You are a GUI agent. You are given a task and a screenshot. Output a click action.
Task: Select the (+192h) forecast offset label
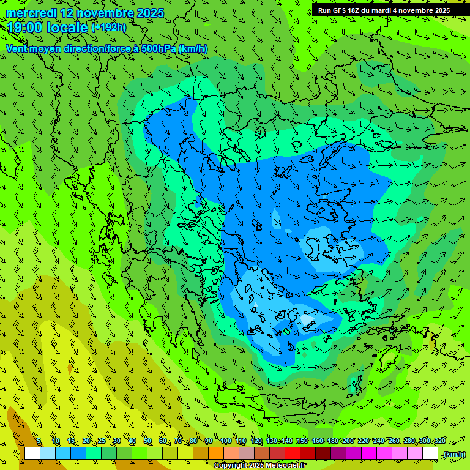point(109,27)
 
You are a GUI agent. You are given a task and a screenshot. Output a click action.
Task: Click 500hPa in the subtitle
point(154,48)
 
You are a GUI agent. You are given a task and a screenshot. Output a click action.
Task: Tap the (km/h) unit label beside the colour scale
point(453,454)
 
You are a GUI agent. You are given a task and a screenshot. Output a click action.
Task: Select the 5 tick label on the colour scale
point(39,441)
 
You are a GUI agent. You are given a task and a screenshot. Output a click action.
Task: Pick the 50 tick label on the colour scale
point(147,441)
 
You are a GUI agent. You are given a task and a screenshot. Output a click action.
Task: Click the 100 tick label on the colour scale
point(226,441)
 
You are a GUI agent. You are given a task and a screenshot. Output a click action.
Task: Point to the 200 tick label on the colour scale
point(348,441)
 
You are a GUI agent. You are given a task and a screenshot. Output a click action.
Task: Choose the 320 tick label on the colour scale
point(440,441)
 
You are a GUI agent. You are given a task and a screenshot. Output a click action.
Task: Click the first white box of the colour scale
point(32,453)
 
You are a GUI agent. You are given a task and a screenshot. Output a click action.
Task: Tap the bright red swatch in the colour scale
point(293,453)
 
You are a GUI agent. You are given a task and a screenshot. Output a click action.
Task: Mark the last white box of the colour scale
point(430,453)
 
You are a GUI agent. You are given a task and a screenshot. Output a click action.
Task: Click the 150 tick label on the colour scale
point(302,441)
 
